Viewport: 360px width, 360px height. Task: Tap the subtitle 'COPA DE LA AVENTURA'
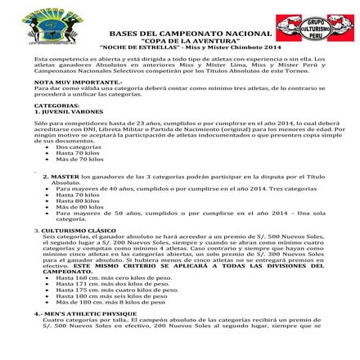click(183, 37)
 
